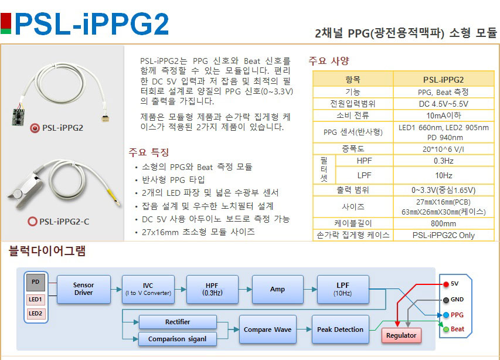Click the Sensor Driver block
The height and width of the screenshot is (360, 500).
click(83, 288)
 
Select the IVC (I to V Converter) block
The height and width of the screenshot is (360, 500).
click(148, 288)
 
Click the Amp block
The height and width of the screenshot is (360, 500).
click(277, 288)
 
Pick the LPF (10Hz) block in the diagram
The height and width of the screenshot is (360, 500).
click(343, 288)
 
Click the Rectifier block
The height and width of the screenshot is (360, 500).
click(177, 322)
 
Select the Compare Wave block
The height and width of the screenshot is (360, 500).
click(267, 330)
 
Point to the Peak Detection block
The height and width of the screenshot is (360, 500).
click(340, 330)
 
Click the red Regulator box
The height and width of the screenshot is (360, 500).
click(402, 335)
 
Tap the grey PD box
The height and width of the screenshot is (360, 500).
click(36, 283)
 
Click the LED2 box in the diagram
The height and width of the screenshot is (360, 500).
click(36, 314)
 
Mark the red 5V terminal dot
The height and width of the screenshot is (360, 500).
click(445, 284)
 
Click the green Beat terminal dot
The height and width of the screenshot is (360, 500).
click(445, 329)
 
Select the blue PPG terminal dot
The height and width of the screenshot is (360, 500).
click(445, 315)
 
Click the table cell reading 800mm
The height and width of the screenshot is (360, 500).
click(443, 223)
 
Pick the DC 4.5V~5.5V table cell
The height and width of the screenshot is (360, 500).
click(443, 104)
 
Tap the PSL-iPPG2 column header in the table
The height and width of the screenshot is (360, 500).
click(443, 80)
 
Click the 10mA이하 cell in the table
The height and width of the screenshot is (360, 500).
click(443, 116)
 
